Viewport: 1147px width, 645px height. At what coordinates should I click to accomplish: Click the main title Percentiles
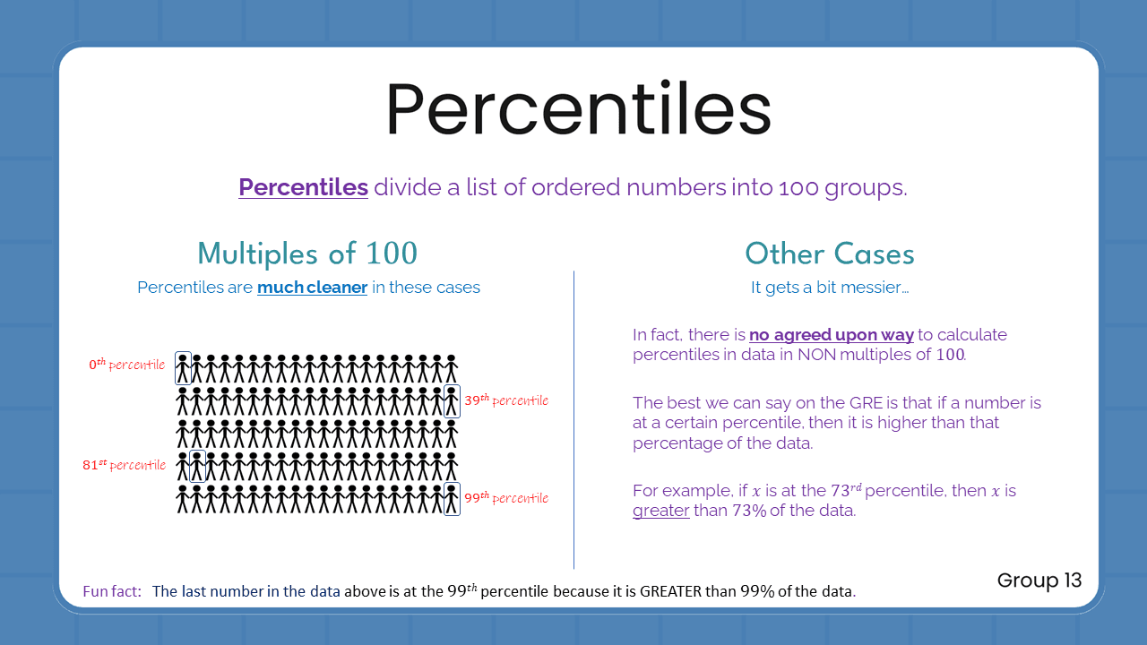click(x=578, y=109)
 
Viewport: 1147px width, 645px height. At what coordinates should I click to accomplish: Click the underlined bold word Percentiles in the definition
click(x=303, y=187)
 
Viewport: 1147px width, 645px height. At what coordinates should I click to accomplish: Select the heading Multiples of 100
click(x=307, y=254)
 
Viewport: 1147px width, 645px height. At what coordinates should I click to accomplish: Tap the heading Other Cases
click(x=829, y=254)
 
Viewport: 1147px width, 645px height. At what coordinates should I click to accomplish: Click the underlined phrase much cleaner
click(x=312, y=288)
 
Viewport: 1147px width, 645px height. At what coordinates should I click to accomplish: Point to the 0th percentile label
click(x=126, y=365)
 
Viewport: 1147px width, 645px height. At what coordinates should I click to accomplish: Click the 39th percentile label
click(x=505, y=400)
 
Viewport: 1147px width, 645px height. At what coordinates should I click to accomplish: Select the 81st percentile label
click(x=124, y=465)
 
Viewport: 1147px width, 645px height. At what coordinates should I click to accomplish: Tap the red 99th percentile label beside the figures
click(x=505, y=498)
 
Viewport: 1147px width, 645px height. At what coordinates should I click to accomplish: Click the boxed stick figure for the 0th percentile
click(x=183, y=368)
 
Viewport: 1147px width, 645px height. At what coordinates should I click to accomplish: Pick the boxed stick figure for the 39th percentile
click(x=452, y=401)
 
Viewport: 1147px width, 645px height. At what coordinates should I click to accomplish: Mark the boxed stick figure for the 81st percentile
click(x=197, y=466)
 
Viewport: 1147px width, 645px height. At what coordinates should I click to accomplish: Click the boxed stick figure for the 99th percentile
click(x=452, y=499)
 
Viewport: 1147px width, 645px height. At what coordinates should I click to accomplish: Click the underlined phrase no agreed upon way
click(x=831, y=335)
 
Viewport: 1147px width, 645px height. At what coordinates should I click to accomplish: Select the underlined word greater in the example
click(x=660, y=512)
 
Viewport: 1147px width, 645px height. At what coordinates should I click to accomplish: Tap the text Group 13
click(x=1039, y=580)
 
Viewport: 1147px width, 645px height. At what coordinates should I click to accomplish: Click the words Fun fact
click(x=112, y=591)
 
